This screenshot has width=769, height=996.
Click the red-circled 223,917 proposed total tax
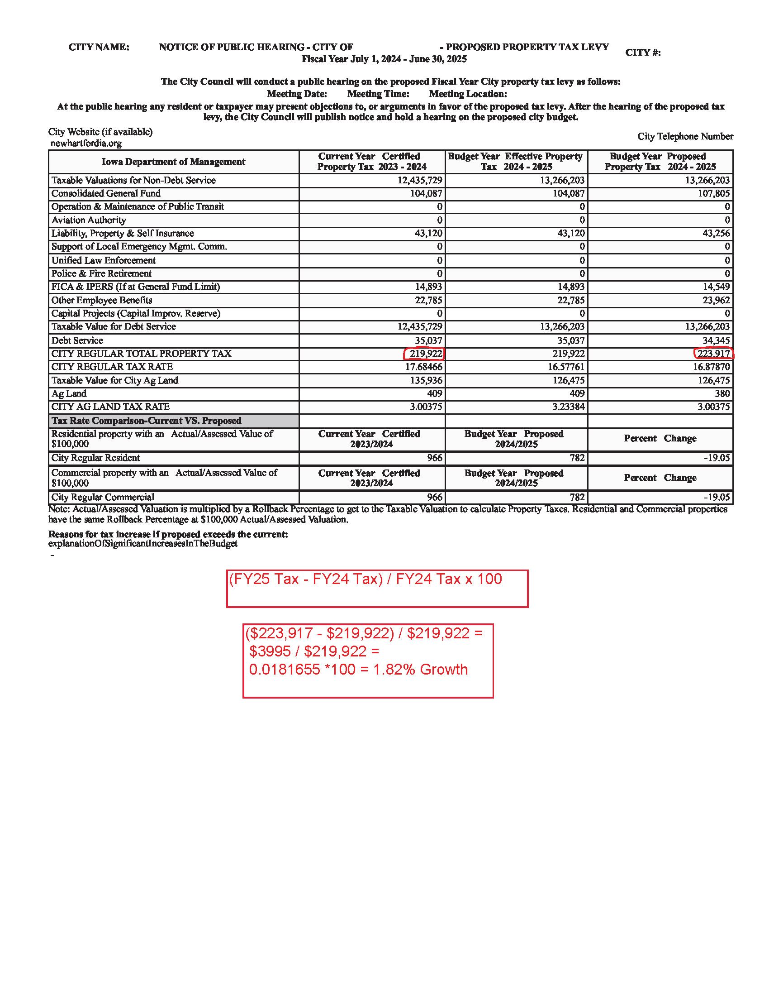tap(713, 354)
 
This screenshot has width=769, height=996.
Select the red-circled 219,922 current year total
tap(425, 354)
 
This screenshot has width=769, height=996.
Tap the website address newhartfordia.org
tap(86, 143)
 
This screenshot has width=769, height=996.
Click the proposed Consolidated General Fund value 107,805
tap(714, 193)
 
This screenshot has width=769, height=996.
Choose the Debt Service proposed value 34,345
tap(714, 340)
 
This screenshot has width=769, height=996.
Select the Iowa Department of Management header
tap(173, 162)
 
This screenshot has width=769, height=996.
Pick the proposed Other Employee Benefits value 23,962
tap(714, 300)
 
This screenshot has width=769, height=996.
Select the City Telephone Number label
tap(685, 136)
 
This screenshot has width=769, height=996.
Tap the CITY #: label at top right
tap(643, 53)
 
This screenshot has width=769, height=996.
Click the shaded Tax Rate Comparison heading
tap(146, 421)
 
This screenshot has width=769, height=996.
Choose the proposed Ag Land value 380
tap(722, 393)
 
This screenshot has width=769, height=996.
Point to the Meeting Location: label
tap(468, 94)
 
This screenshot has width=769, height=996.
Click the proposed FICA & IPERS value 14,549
tap(714, 287)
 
